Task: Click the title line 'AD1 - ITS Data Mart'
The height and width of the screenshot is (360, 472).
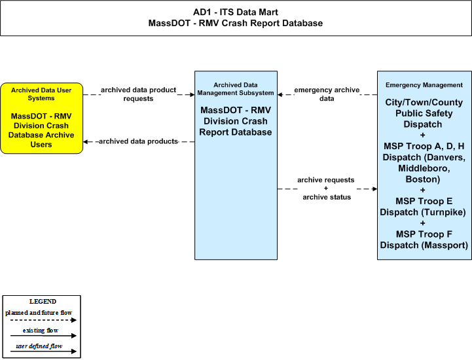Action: (x=236, y=12)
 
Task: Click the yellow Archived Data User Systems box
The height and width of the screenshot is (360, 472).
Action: (x=41, y=118)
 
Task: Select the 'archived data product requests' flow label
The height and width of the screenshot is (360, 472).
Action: (x=138, y=94)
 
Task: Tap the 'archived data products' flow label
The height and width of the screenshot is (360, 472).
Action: (x=138, y=141)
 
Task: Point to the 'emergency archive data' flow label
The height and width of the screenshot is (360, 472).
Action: (x=327, y=94)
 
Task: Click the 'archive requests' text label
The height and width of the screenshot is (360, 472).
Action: (x=326, y=180)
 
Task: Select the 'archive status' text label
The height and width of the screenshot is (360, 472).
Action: (x=327, y=197)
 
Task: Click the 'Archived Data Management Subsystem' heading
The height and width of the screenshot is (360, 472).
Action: (x=236, y=89)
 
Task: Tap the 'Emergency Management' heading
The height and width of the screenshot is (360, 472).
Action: (x=424, y=85)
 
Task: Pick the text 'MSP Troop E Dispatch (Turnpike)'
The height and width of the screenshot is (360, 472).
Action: (x=423, y=206)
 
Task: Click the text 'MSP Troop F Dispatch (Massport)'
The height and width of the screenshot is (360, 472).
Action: (x=424, y=240)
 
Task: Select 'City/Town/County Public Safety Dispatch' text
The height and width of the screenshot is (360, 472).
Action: (x=424, y=113)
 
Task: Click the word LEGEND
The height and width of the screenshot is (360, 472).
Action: (x=43, y=302)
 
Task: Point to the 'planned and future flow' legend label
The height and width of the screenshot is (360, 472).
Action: (x=39, y=313)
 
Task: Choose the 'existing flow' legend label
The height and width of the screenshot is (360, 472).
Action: (x=41, y=331)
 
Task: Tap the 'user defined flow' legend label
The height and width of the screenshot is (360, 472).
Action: (x=39, y=346)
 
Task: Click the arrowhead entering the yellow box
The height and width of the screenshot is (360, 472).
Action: (x=86, y=141)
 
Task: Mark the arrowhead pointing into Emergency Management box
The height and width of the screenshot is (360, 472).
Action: (x=374, y=189)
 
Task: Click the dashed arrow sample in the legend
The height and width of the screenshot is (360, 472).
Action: (x=43, y=320)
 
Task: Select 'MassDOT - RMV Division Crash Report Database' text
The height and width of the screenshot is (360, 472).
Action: (x=236, y=121)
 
